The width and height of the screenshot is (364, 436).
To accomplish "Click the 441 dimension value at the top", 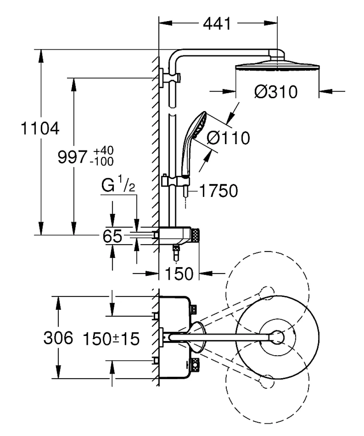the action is tap(217, 24).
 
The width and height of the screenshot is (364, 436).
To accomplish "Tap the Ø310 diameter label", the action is tap(276, 92).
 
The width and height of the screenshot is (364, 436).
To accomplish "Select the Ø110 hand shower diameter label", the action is tap(228, 138).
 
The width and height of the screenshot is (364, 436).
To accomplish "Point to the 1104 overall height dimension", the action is tap(40, 128).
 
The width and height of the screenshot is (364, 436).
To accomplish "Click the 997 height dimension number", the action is tap(72, 157).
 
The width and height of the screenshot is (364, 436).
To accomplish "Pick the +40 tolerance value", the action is tap(103, 151).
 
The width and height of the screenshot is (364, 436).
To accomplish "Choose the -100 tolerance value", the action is tap(102, 161).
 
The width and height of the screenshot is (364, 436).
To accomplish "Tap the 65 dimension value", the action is tap(112, 236).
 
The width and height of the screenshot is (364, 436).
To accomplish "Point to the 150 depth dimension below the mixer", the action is tap(179, 274).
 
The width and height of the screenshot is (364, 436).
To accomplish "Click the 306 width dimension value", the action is tap(58, 338).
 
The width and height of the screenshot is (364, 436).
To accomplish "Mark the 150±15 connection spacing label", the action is tap(111, 339).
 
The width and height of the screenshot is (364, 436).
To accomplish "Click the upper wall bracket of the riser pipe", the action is tap(170, 78).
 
